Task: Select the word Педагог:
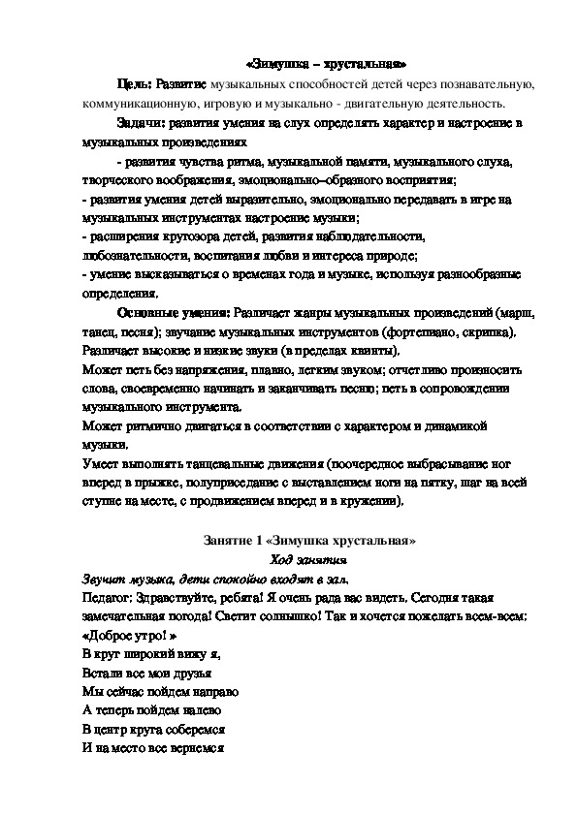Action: point(99,597)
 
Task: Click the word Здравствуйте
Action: point(178,597)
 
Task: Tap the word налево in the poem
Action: point(189,710)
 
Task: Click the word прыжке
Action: point(158,484)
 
